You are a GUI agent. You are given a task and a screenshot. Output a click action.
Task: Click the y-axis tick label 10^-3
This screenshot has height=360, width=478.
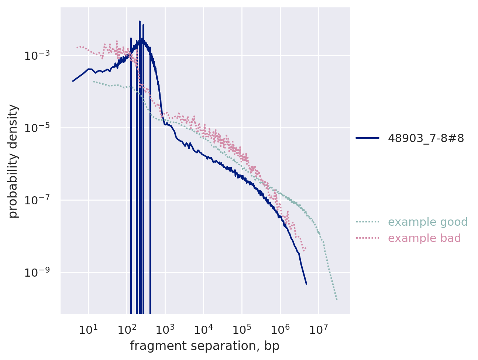(x=39, y=56)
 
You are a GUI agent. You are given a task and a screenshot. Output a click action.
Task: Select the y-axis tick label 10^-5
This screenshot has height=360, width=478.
(x=39, y=128)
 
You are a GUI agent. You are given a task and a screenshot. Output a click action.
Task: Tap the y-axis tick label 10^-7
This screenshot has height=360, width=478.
(x=39, y=201)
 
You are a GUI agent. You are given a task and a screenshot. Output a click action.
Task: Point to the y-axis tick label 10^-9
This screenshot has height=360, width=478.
(x=39, y=273)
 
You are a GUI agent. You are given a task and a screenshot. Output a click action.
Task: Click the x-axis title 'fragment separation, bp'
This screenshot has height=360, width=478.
(x=204, y=346)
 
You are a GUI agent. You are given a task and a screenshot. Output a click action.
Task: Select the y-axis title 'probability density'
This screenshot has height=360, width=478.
(x=13, y=161)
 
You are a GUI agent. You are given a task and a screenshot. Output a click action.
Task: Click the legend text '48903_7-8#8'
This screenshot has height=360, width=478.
(x=426, y=138)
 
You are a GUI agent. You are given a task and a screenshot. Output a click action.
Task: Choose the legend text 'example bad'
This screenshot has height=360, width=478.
(x=424, y=238)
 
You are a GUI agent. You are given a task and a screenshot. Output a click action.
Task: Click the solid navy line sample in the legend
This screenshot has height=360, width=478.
(x=367, y=138)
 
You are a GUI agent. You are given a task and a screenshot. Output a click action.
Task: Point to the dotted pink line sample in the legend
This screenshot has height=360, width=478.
(x=367, y=238)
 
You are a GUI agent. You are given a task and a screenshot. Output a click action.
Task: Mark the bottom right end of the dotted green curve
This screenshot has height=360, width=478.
(x=337, y=300)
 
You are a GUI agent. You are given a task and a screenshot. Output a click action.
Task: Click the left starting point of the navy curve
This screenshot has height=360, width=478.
(x=73, y=81)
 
